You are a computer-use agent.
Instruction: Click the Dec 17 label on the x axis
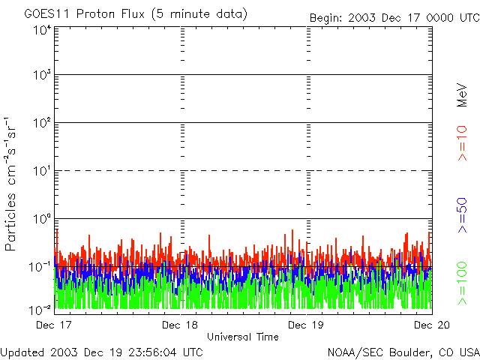pyautogui.click(x=54, y=325)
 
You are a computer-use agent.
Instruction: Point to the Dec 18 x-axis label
pyautogui.click(x=180, y=325)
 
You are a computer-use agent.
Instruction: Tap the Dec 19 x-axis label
pyautogui.click(x=306, y=325)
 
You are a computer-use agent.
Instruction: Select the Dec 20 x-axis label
pyautogui.click(x=432, y=325)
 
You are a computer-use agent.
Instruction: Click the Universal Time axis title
pyautogui.click(x=243, y=337)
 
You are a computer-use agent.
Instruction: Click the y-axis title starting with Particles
pyautogui.click(x=10, y=184)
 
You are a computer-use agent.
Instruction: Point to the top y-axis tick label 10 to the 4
pyautogui.click(x=41, y=30)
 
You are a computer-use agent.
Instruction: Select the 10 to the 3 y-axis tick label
pyautogui.click(x=41, y=75)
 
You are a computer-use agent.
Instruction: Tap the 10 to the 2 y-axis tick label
pyautogui.click(x=41, y=123)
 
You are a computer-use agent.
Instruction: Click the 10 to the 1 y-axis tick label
pyautogui.click(x=41, y=171)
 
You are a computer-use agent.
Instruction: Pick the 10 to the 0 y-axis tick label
pyautogui.click(x=41, y=219)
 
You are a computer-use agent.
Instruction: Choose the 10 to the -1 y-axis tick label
pyautogui.click(x=40, y=267)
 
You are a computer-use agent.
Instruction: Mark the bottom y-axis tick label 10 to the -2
pyautogui.click(x=40, y=310)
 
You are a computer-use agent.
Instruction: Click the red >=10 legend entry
pyautogui.click(x=463, y=143)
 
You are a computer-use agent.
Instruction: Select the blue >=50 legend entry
pyautogui.click(x=463, y=215)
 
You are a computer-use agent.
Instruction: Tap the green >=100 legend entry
pyautogui.click(x=463, y=283)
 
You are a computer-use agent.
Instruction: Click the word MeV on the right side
pyautogui.click(x=462, y=95)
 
